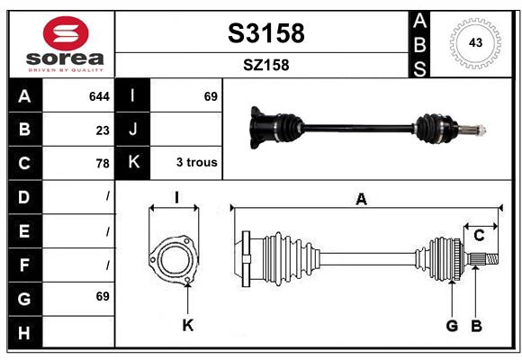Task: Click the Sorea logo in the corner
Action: pos(62,43)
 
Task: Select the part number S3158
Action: pos(265,33)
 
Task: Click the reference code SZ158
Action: pos(265,65)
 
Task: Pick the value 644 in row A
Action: pos(99,96)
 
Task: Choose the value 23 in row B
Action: pos(103,130)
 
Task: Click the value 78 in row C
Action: pos(103,164)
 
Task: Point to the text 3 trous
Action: pos(196,163)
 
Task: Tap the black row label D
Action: pos(23,196)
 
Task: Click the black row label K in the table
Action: pos(133,163)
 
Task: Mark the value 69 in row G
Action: pos(102,296)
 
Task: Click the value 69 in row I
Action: pos(211,96)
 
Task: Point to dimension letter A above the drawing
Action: pos(361,199)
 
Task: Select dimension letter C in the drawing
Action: pos(480,235)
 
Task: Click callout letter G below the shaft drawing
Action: pos(453,325)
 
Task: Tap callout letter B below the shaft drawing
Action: pos(477,325)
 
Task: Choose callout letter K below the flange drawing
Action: pos(187,325)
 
